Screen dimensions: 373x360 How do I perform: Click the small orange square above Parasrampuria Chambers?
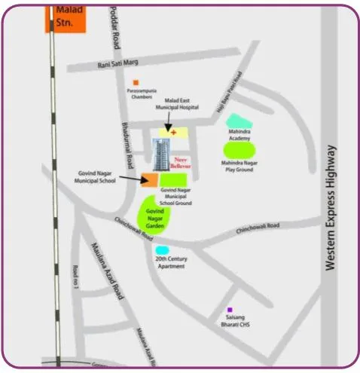[x=136, y=82]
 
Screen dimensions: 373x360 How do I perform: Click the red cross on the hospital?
[x=175, y=133]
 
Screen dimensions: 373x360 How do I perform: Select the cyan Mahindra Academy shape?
[x=236, y=121]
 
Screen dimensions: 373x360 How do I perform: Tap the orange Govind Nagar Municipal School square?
[x=151, y=179]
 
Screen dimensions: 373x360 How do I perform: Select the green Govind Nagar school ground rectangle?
[x=174, y=179]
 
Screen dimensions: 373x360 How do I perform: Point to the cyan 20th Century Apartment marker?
[x=161, y=250]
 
